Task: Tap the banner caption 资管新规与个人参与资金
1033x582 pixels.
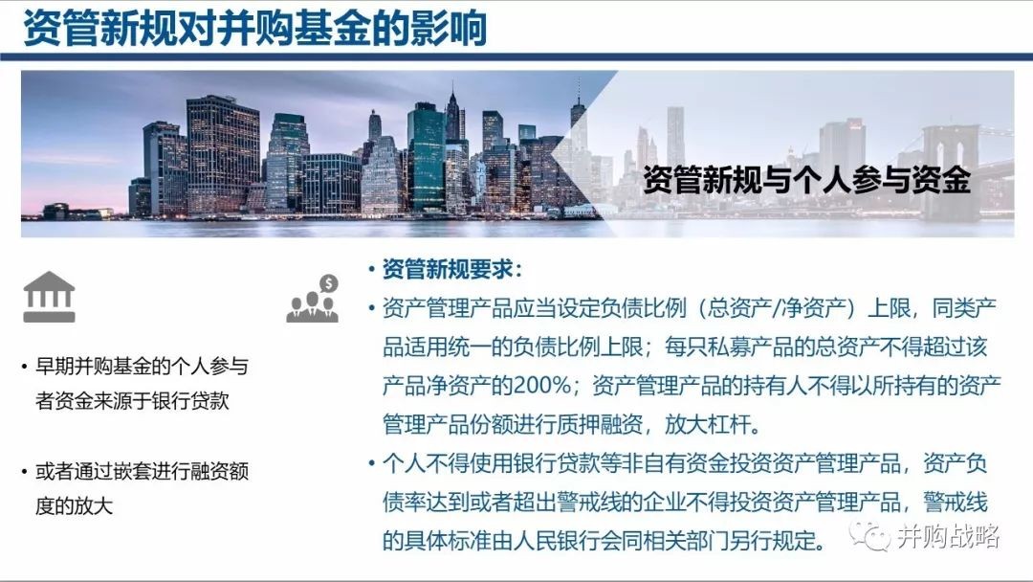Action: point(806,180)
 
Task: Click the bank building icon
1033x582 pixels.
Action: point(50,297)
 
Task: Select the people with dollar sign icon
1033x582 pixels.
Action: point(313,299)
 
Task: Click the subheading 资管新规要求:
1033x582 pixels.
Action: point(451,269)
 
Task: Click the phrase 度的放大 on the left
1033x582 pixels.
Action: point(75,505)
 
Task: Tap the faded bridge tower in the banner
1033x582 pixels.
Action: point(942,172)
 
